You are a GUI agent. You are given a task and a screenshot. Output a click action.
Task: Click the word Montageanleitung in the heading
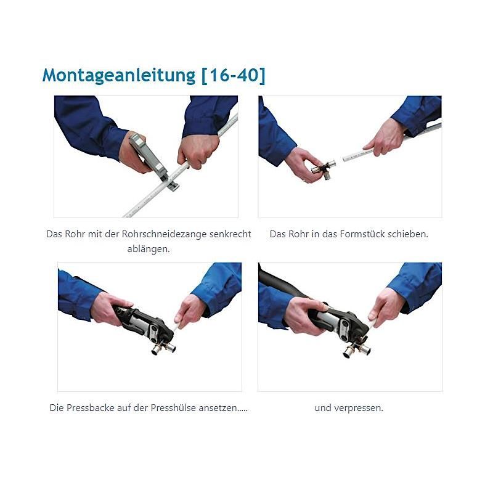click(x=119, y=75)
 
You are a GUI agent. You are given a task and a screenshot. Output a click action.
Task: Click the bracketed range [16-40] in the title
click(x=234, y=75)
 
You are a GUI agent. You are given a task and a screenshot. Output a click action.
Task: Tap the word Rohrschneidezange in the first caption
click(x=164, y=234)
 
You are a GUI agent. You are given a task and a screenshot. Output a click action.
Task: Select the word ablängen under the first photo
click(x=149, y=249)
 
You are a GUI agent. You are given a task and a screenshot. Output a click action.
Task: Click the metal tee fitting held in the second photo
click(x=322, y=170)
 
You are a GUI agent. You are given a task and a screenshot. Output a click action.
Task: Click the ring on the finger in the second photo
click(x=304, y=181)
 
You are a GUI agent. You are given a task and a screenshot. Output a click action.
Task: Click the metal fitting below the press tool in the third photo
click(x=163, y=348)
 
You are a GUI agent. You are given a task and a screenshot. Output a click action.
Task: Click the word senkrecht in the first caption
click(x=230, y=234)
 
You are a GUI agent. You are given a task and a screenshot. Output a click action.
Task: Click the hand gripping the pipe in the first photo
click(x=198, y=150)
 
